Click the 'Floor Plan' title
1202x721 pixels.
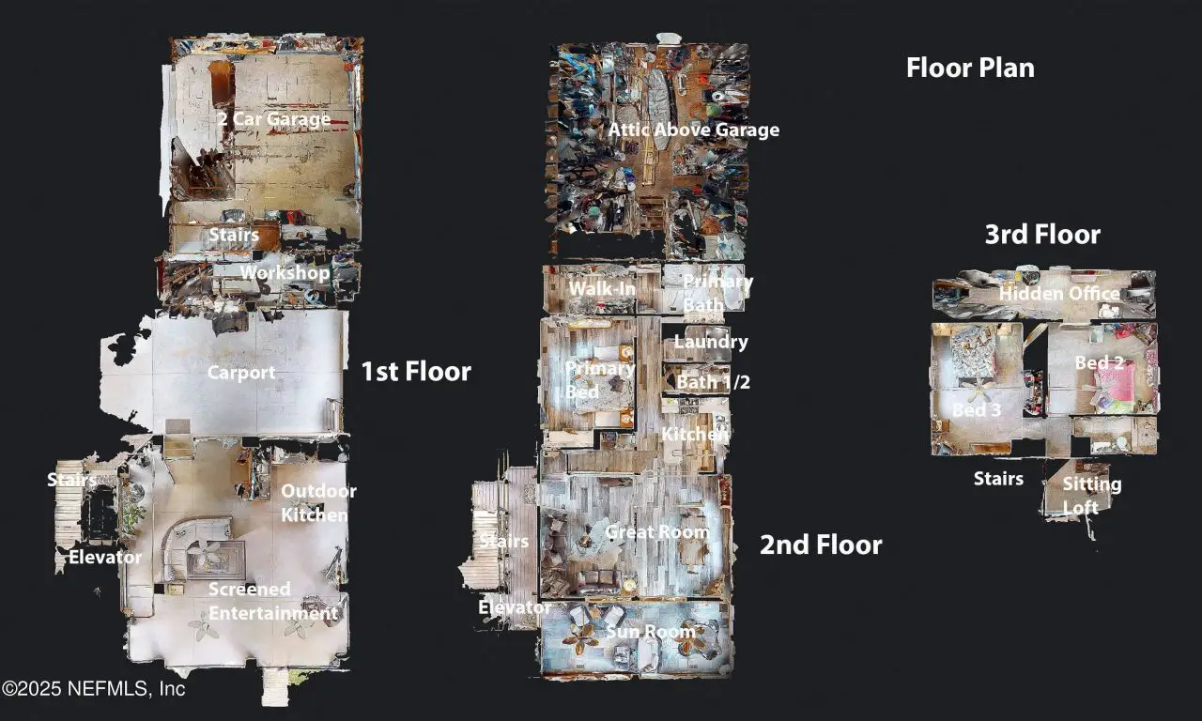[x=970, y=69]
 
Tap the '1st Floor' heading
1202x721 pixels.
[x=416, y=371]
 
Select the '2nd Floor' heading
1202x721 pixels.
[x=821, y=545]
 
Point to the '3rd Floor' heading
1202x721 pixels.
[x=1042, y=235]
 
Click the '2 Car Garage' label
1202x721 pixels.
[x=274, y=118]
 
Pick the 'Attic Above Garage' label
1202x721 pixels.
[x=693, y=130]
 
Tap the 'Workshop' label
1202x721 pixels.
[x=285, y=272]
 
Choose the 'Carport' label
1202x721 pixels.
[x=241, y=373]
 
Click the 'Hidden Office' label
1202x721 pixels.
[x=1059, y=294]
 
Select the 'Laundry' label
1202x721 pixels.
[x=711, y=343]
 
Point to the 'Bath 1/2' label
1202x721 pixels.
[x=713, y=382]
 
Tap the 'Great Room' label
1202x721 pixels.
[x=656, y=531]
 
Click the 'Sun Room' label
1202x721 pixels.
[x=651, y=632]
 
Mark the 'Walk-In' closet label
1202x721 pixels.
[x=602, y=288]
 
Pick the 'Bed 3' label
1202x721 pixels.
[x=977, y=410]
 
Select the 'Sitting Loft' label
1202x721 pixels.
[x=1092, y=496]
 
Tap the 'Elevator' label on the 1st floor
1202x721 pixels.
[x=105, y=557]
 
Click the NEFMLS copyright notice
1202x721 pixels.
[x=93, y=689]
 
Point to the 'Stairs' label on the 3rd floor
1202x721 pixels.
[x=998, y=479]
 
